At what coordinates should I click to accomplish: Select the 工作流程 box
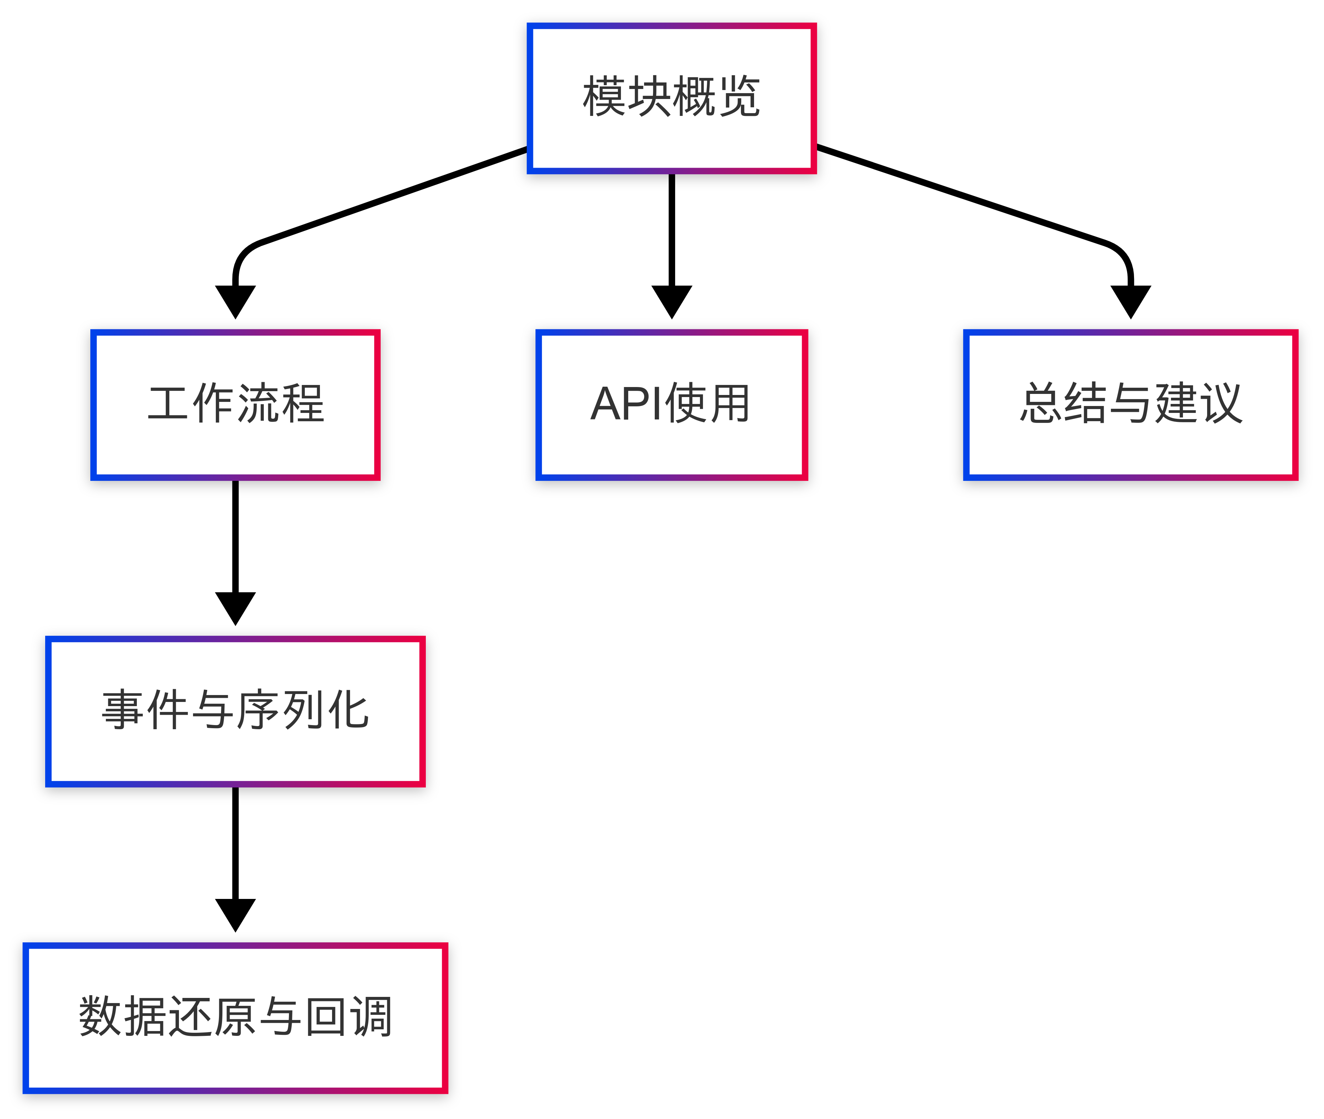click(x=235, y=405)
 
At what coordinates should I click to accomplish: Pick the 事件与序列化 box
click(x=235, y=711)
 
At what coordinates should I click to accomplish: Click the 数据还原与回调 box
click(x=235, y=1018)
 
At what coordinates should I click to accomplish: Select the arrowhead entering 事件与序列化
click(x=235, y=607)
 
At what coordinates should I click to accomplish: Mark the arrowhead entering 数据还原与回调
click(x=235, y=913)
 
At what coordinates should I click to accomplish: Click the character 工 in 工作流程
click(x=168, y=404)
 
